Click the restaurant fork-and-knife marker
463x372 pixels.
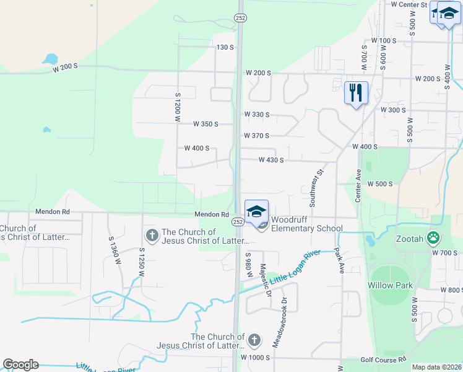coord(356,93)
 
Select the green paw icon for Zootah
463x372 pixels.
coord(435,238)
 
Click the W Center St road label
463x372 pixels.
coord(410,4)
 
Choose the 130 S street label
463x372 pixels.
coord(225,47)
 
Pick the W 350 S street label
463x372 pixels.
coord(206,124)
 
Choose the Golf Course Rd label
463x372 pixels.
coord(384,360)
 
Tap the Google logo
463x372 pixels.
coord(20,365)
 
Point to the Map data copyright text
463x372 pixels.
coord(436,367)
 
